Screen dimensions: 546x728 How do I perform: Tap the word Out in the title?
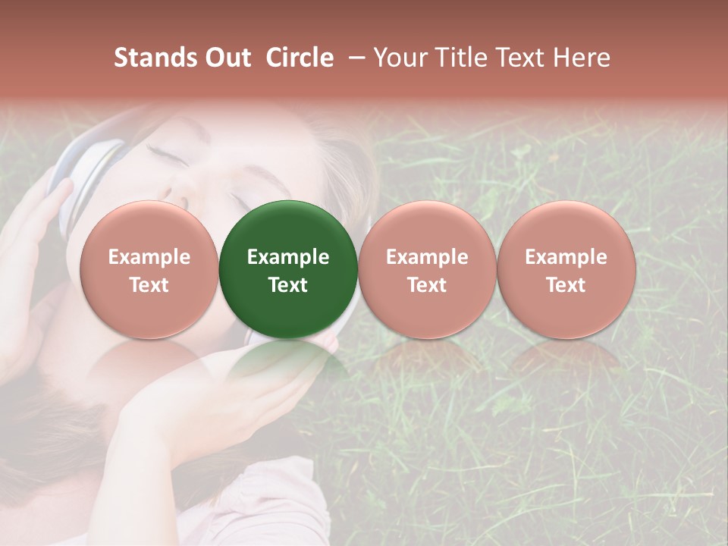click(227, 58)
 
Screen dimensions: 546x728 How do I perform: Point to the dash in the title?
click(354, 58)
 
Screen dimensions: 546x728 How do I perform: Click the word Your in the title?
click(397, 58)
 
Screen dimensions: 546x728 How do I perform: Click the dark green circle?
click(288, 269)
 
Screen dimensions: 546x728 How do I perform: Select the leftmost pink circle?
click(149, 269)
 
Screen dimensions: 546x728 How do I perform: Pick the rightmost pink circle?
click(566, 269)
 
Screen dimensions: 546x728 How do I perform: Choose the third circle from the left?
click(427, 269)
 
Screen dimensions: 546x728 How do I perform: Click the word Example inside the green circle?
click(288, 257)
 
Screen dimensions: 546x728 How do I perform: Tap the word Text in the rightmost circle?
click(566, 285)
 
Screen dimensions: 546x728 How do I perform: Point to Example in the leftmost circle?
click(149, 257)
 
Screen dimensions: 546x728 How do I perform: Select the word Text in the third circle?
click(427, 285)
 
